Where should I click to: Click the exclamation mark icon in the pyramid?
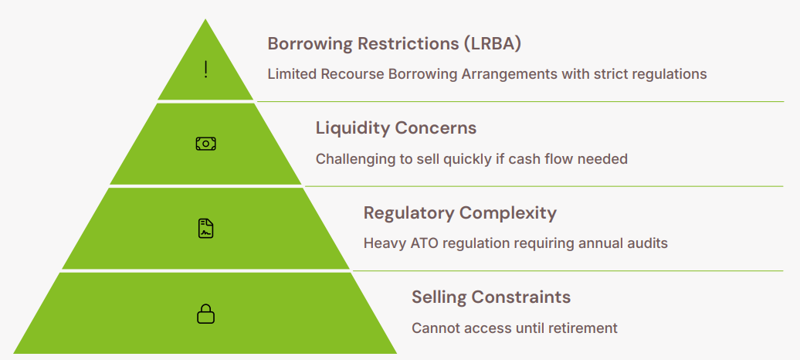click(x=205, y=70)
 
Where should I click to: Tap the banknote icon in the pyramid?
click(x=205, y=144)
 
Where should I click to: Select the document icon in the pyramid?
click(x=205, y=229)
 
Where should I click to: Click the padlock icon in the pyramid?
click(x=205, y=314)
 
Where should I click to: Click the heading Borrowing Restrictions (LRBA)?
click(x=394, y=43)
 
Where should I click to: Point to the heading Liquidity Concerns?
click(x=396, y=127)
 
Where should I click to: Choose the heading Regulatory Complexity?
click(x=459, y=212)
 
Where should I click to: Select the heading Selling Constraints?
click(x=491, y=297)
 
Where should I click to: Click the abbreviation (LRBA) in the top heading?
click(x=493, y=43)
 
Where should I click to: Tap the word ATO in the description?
click(x=426, y=243)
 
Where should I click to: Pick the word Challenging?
click(x=353, y=159)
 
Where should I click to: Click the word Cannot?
click(x=434, y=328)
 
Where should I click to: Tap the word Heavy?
click(x=383, y=243)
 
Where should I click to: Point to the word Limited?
click(x=292, y=75)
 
